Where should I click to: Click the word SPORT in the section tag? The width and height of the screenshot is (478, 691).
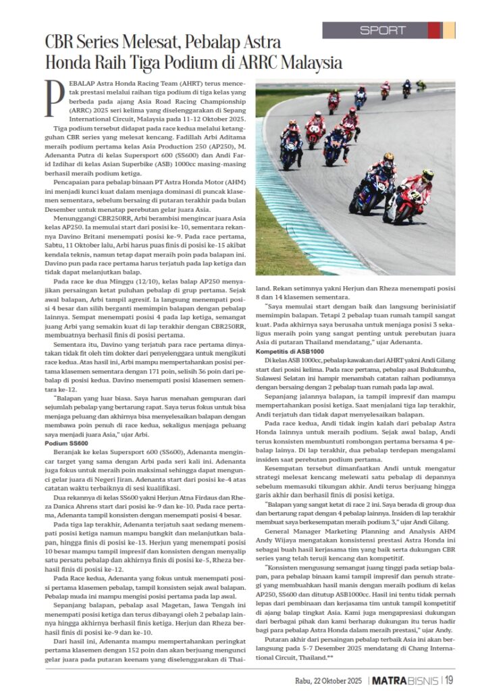point(383,30)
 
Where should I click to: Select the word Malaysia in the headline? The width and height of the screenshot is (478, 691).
point(306,63)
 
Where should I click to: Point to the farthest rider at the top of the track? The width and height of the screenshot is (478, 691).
point(420,85)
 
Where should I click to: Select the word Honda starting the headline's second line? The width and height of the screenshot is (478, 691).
point(64,63)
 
